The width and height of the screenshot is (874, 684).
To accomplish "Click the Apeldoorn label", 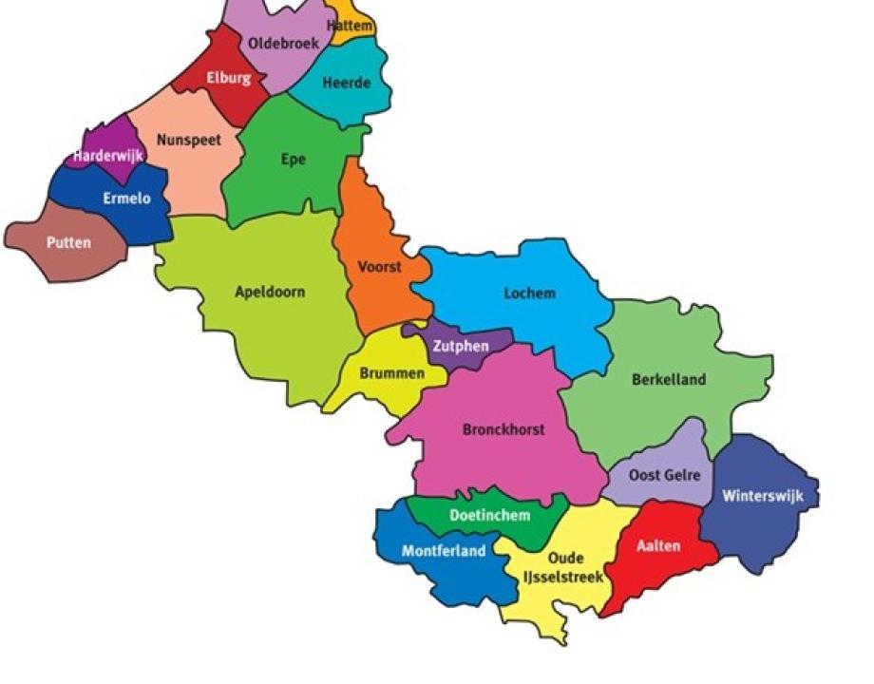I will tap(270, 292).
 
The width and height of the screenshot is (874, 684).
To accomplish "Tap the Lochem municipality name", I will tap(529, 294).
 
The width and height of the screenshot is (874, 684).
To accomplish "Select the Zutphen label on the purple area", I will tap(461, 347).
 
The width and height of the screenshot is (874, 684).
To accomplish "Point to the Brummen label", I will tap(391, 373).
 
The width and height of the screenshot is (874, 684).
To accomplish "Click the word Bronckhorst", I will tap(503, 429).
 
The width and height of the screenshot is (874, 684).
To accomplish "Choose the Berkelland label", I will tap(669, 380).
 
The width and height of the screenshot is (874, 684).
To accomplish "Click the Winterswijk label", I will tap(763, 496).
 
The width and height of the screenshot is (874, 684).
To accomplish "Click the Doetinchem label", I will tap(489, 516).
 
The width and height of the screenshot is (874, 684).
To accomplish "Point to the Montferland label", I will tap(444, 551).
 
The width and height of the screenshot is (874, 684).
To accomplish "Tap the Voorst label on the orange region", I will tap(379, 267).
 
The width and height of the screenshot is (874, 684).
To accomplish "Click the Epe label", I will tap(294, 160).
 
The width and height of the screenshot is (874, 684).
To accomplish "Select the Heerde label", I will tap(346, 84).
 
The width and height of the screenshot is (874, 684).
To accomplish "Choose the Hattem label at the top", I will tap(350, 26).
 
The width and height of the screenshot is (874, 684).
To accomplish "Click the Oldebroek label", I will tap(283, 43).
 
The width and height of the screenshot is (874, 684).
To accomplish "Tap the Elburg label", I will tap(229, 78).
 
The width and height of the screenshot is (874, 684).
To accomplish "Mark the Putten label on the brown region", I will tap(69, 243).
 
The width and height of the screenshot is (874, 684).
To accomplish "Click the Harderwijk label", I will tap(108, 155).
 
